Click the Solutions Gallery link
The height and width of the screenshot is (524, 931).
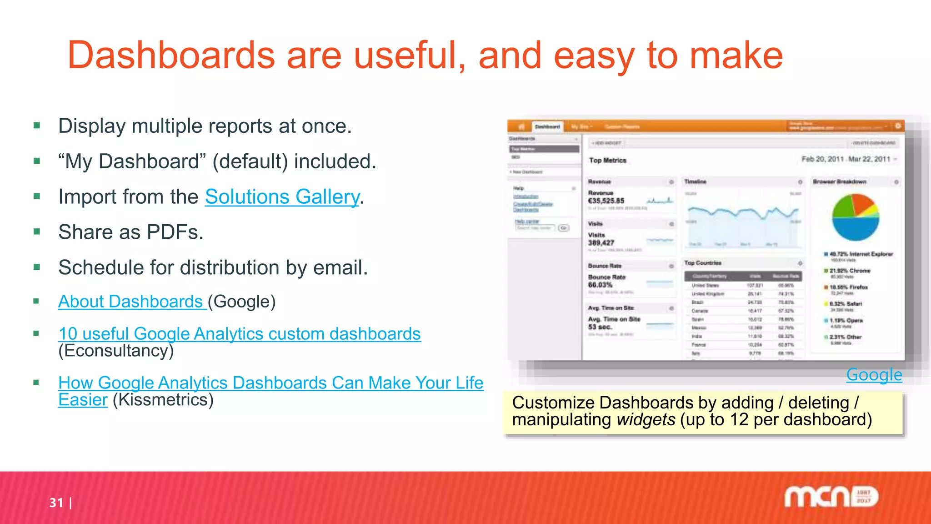pos(282,197)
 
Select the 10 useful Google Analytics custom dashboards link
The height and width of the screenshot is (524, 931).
pos(240,334)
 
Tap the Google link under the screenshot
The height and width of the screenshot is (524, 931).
pos(874,375)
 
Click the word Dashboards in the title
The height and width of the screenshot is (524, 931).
pos(171,55)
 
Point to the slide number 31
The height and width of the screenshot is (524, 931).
pos(56,503)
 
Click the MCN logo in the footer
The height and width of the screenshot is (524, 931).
pos(831,496)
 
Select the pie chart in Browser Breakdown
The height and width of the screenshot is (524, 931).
pos(856,217)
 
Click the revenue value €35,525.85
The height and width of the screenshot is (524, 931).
pos(606,201)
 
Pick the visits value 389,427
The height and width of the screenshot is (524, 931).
pos(601,243)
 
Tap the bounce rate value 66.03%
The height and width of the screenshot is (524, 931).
pos(600,285)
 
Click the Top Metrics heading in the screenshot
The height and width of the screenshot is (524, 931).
pos(607,160)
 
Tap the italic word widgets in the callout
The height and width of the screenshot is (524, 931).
pos(646,419)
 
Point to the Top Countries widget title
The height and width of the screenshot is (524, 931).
pos(702,263)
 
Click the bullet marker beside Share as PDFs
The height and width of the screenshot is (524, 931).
pos(37,232)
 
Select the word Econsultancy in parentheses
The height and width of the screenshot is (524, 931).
pos(116,351)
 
